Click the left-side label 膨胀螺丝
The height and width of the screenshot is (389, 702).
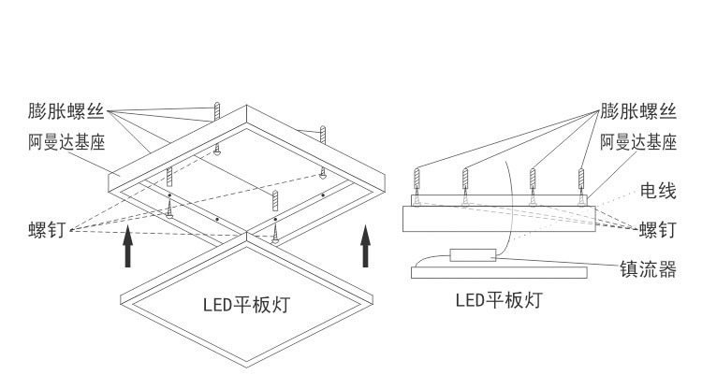click(65, 112)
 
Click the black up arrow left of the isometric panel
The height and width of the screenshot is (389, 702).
click(128, 248)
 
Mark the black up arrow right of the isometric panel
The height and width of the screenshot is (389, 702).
click(366, 248)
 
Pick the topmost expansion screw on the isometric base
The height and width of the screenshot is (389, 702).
click(217, 111)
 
